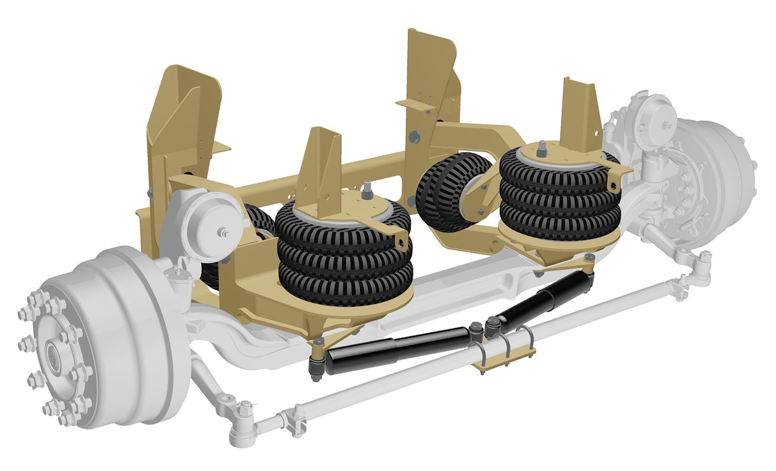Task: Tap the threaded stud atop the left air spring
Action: (x=367, y=190)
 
